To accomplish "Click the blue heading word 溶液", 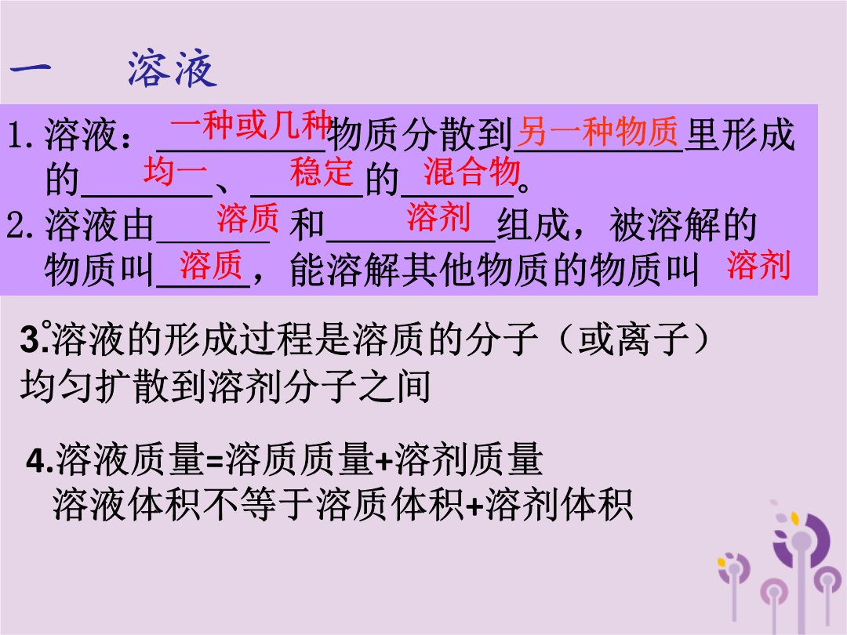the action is point(173,70).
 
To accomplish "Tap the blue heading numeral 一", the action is point(31,68).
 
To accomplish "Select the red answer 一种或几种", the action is point(251,125).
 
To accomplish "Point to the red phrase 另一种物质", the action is point(598,132).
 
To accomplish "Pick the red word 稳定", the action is point(322,172).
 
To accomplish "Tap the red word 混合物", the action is point(471,172).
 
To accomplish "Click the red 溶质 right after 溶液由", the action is point(248,218).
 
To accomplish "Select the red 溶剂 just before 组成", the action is point(438,217).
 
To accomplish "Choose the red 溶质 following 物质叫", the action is point(211,265).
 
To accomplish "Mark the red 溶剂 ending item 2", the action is point(759,265).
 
